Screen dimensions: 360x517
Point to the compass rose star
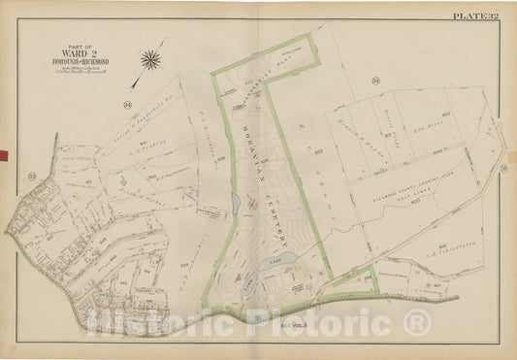(151, 60)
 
